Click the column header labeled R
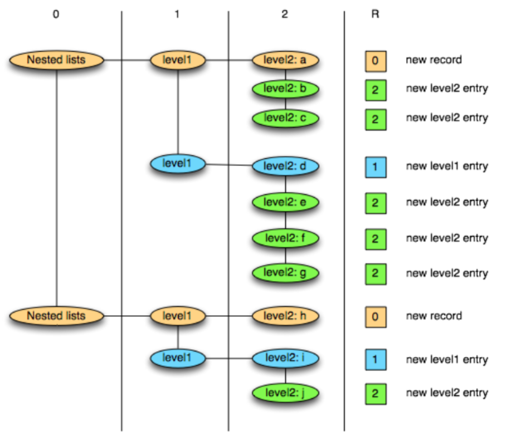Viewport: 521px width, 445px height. tap(375, 14)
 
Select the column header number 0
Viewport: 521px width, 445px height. tap(56, 14)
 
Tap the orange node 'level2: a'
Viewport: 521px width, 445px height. tap(285, 60)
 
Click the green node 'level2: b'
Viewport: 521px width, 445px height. tap(285, 89)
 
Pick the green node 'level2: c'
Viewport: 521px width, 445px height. tap(285, 118)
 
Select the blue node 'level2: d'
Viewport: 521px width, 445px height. tap(285, 166)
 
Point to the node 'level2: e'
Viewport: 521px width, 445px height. tap(285, 202)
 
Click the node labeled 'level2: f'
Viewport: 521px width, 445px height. tap(285, 238)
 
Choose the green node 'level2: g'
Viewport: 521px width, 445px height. tap(285, 273)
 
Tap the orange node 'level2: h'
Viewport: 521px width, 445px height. tap(285, 316)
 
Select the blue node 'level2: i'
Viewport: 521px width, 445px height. tap(285, 358)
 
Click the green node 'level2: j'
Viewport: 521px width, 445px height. tap(285, 393)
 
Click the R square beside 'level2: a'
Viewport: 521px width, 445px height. tap(376, 61)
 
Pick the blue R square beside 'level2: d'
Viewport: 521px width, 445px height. tap(376, 167)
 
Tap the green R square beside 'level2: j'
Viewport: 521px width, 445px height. tap(376, 394)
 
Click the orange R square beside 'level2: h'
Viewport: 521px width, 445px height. tap(376, 317)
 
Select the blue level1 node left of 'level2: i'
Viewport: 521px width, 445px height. tap(178, 358)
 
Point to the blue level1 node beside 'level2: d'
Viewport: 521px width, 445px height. tap(178, 164)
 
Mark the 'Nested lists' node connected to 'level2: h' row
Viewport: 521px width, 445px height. tap(56, 316)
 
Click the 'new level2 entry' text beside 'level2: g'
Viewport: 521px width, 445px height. tap(447, 273)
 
